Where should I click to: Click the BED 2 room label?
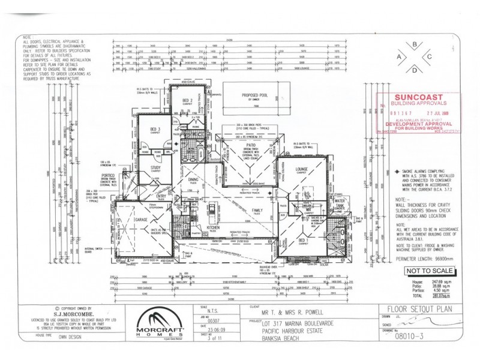[187, 100]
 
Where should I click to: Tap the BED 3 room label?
[155, 130]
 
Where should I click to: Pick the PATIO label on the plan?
[250, 145]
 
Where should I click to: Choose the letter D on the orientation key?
[415, 70]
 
